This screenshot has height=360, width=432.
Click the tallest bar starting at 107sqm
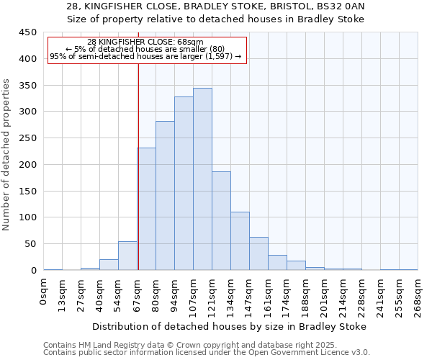202,179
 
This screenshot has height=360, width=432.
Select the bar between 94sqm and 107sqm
184,184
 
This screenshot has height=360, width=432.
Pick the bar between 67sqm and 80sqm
147,209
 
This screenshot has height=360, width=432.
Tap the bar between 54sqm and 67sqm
127,256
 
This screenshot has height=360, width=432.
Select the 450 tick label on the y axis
27,32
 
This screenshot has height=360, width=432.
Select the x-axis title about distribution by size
230,326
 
